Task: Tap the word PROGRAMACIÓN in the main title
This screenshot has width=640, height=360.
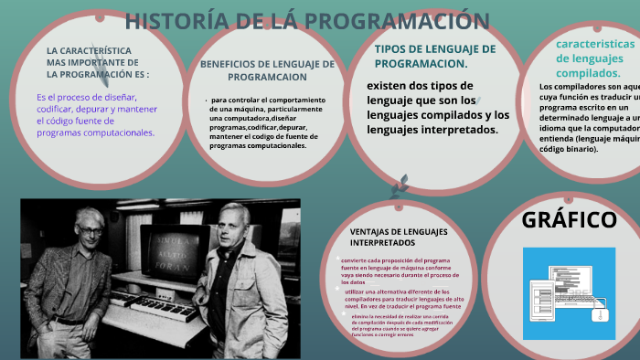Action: coord(403,21)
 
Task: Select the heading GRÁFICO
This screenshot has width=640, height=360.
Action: coord(569,220)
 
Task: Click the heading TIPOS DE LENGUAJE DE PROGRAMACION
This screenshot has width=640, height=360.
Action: coord(435,56)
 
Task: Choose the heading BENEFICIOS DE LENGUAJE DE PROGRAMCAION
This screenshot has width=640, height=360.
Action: coord(267,70)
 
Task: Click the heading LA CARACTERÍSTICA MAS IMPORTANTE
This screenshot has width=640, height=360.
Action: coord(98,61)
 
